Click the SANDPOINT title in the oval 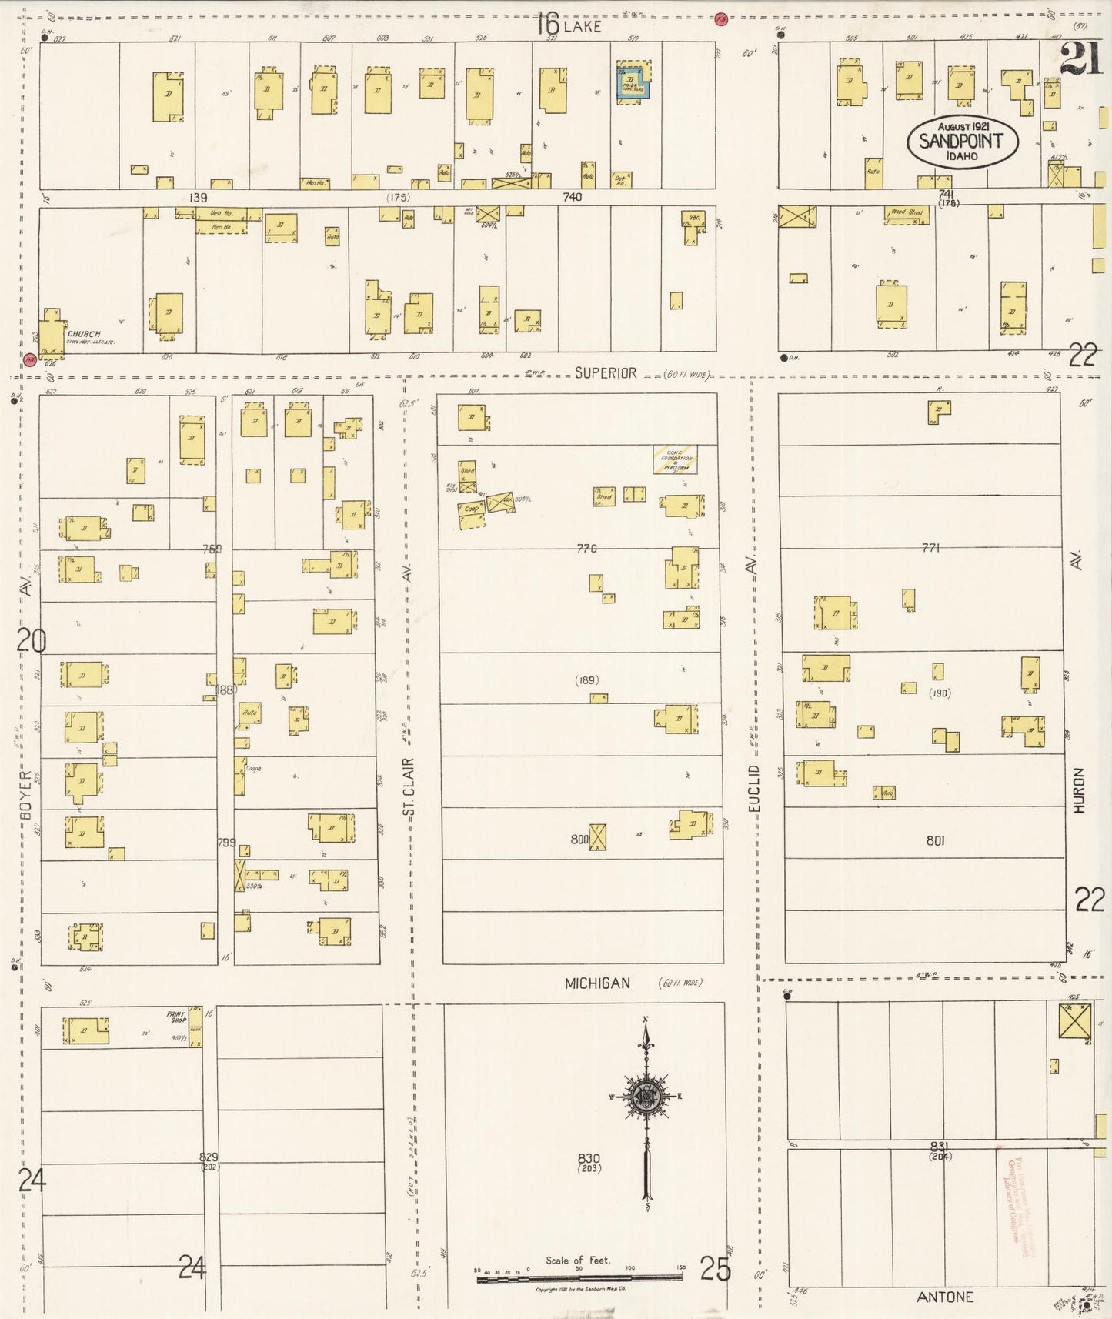(962, 141)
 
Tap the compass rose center (647, 1097)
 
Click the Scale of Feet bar (579, 1277)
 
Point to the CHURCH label (84, 334)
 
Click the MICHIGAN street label (597, 983)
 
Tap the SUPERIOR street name (606, 372)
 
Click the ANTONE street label (945, 1297)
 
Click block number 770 (586, 548)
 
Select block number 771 (931, 548)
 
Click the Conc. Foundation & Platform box (676, 459)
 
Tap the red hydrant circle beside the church (29, 359)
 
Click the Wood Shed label (907, 212)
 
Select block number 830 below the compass (588, 1158)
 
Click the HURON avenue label (1078, 790)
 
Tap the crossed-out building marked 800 (598, 837)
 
